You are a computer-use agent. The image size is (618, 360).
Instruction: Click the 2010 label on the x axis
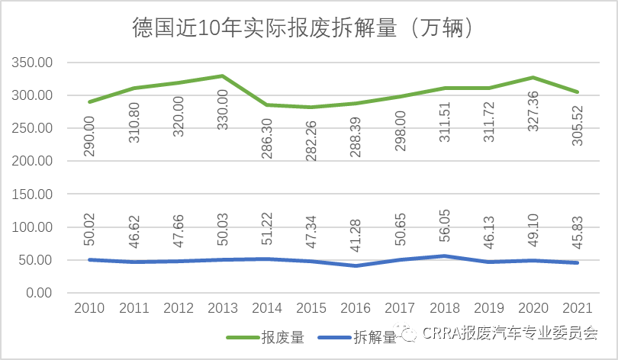(x=89, y=309)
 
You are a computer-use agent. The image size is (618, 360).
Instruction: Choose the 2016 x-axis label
(x=355, y=309)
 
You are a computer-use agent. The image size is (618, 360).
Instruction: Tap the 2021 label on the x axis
(x=576, y=309)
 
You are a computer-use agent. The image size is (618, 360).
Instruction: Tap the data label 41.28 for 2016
(x=356, y=233)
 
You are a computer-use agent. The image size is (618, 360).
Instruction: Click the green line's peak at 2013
(x=222, y=76)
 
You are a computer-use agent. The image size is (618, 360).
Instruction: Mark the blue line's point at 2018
(x=443, y=256)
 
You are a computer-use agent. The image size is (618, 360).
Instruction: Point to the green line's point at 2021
(x=576, y=92)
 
